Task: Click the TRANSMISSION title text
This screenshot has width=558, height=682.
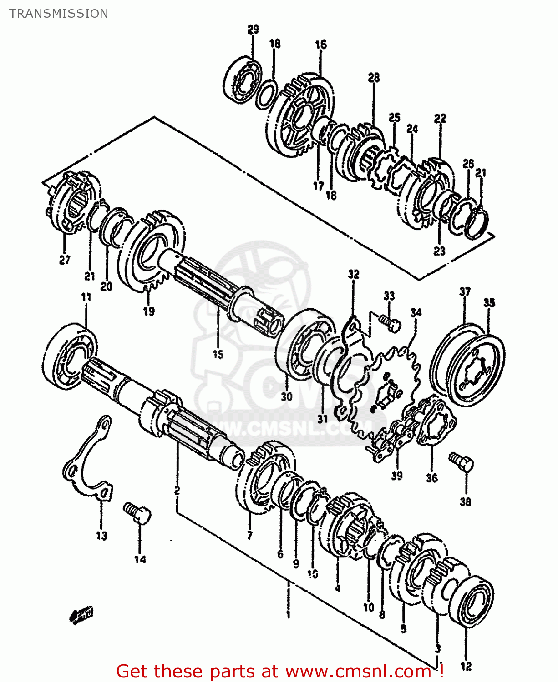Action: coord(59,14)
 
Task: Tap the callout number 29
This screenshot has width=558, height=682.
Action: coord(253,30)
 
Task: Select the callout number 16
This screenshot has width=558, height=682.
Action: coord(320,44)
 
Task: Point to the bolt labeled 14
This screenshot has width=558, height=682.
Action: coord(137,512)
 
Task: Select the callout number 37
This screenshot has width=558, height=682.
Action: coord(465,291)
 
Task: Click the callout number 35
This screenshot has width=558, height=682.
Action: coord(489,303)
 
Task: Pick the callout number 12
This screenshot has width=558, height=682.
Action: coord(466,667)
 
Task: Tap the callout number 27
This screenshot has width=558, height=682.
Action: coord(65,260)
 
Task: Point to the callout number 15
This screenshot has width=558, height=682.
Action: coord(218,354)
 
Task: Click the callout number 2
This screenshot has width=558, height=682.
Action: coord(177,490)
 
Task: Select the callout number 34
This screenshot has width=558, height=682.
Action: coord(416,312)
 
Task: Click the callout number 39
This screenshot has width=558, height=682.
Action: coord(397,476)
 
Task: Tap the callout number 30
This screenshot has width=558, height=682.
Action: coord(286,396)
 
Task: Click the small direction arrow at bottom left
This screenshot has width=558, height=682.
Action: coord(81,615)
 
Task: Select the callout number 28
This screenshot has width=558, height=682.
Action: coord(374,77)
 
